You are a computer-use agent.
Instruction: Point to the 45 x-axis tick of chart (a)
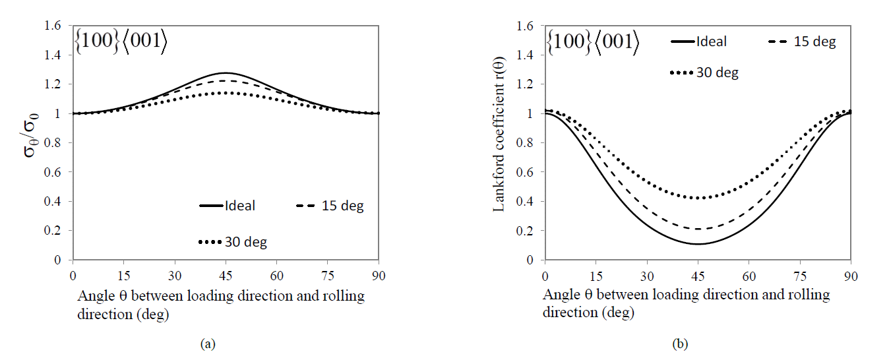(x=226, y=273)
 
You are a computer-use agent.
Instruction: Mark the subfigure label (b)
(x=679, y=344)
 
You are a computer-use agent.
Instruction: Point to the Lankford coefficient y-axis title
(x=499, y=142)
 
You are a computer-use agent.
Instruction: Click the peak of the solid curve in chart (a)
(x=226, y=73)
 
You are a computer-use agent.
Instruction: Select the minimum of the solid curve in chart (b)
(x=697, y=244)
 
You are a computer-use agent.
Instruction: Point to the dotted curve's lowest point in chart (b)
(x=697, y=198)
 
